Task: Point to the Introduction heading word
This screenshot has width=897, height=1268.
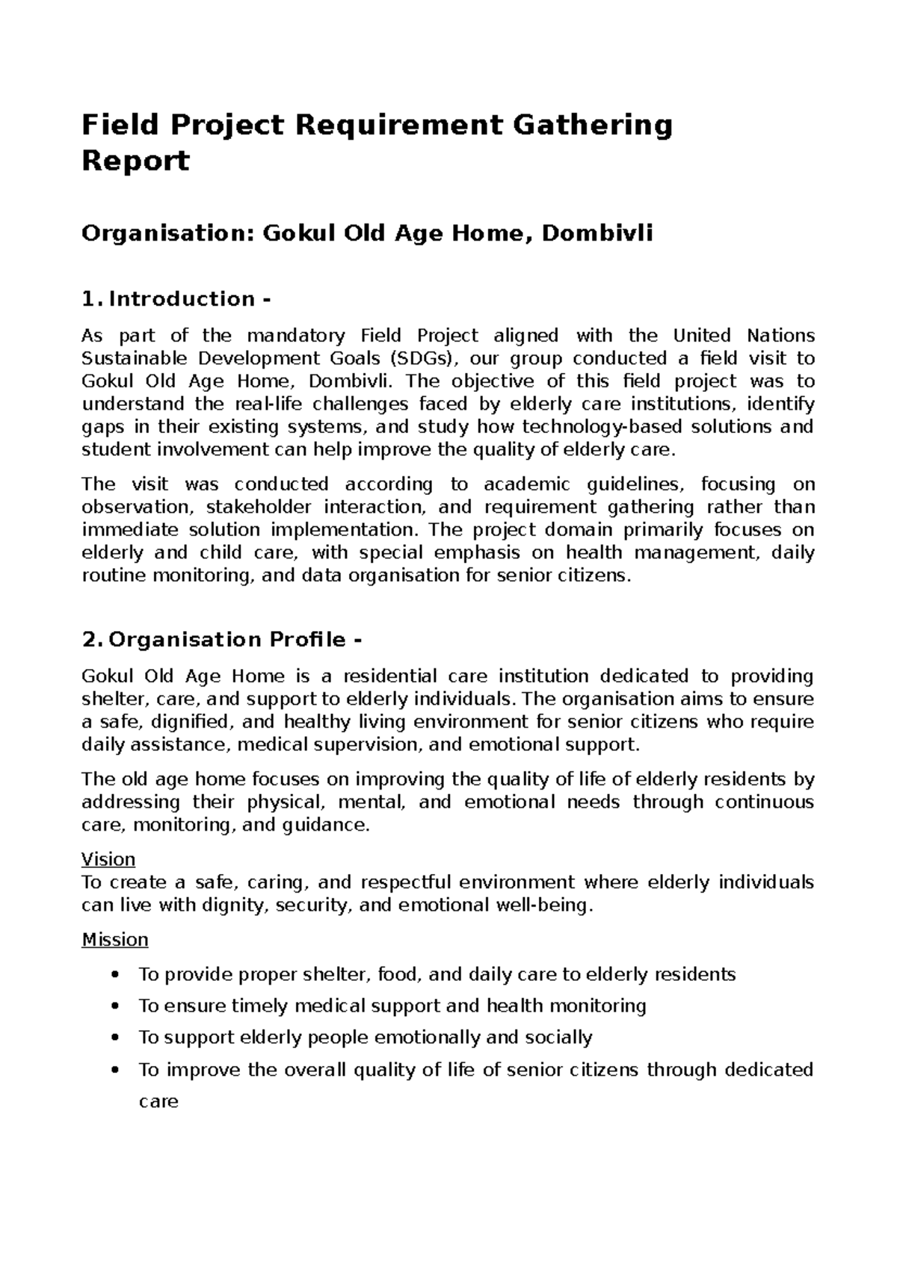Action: (x=182, y=299)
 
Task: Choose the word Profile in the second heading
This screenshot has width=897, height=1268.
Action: (x=300, y=640)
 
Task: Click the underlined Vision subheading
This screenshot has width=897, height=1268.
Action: (x=108, y=859)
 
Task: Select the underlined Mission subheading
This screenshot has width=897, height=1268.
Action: (x=115, y=940)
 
